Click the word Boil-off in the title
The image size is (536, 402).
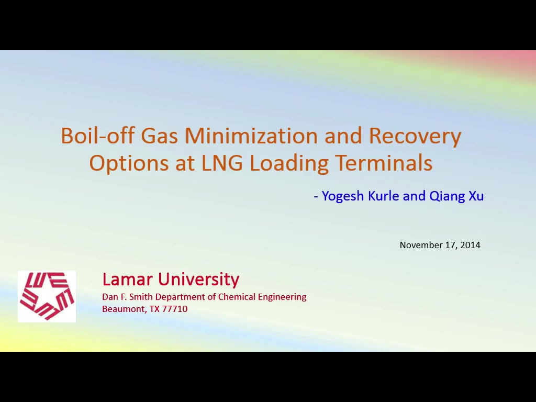98,135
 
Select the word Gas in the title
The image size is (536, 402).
160,136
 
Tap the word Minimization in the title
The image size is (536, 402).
251,135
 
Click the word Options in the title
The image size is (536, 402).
129,164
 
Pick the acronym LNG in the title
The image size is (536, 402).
222,163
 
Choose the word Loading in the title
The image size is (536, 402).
289,164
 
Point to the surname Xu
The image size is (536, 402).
476,196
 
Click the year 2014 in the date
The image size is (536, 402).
471,245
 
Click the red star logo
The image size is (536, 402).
47,296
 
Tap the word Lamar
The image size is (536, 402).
127,280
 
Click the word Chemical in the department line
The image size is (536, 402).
237,297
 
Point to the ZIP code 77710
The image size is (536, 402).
175,309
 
